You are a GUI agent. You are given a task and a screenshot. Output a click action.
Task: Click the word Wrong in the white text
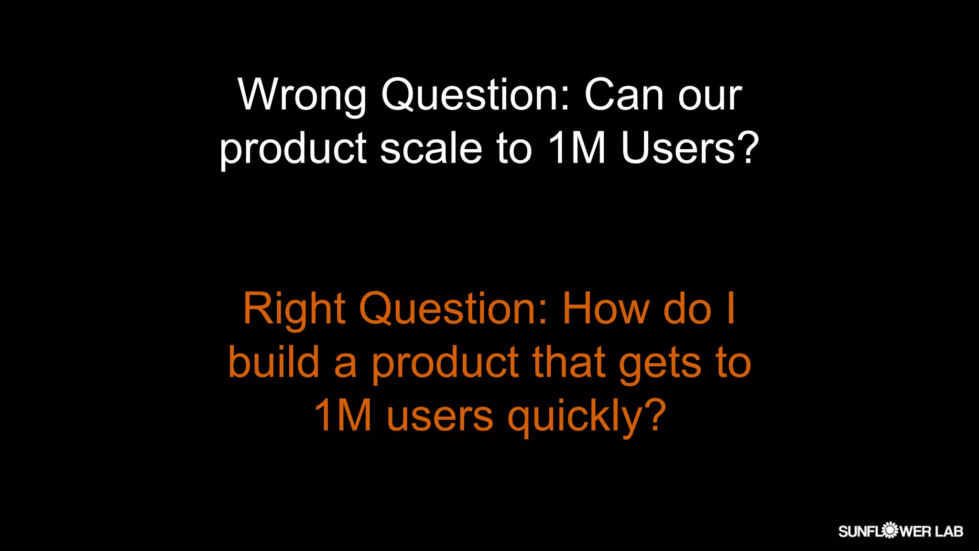point(302,95)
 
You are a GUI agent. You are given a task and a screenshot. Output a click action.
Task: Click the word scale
point(431,148)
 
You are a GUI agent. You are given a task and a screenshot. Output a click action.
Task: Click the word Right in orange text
point(294,309)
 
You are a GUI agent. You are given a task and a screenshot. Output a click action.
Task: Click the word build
point(274,362)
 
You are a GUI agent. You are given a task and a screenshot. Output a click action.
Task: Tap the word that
point(569,362)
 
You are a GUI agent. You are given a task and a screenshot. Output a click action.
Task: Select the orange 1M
point(343,415)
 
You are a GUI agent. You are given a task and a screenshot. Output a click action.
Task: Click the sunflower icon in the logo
point(890,530)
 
